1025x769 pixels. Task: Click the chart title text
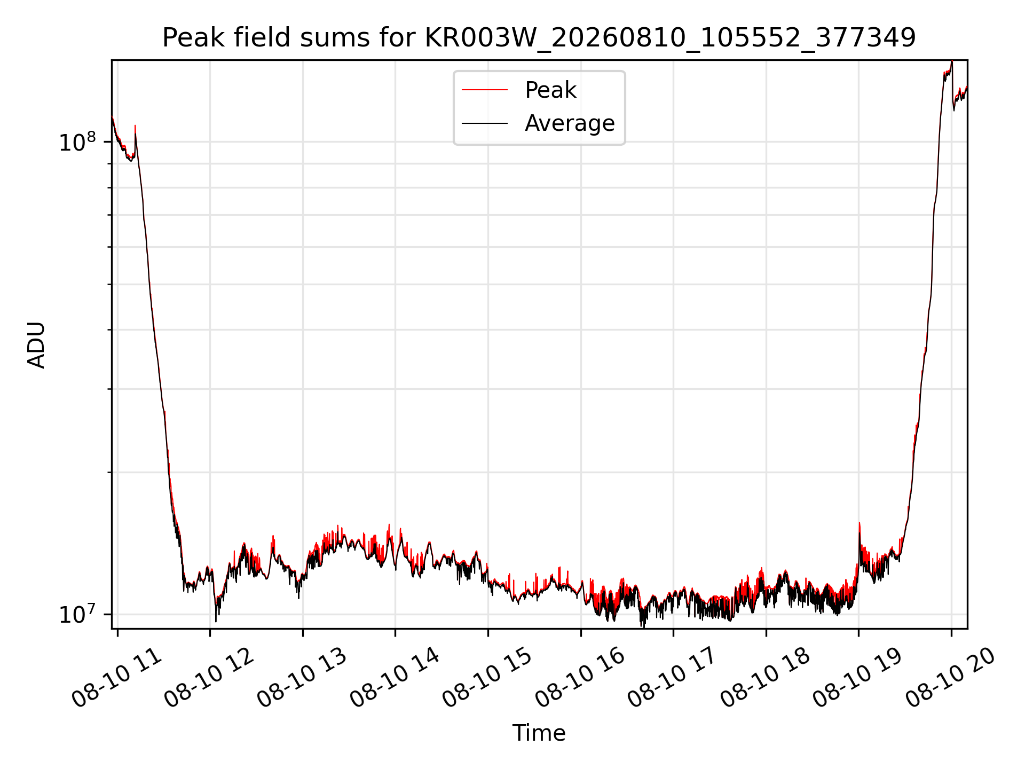point(539,38)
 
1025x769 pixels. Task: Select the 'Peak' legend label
point(550,90)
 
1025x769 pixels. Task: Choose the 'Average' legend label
point(570,123)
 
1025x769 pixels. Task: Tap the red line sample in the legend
point(485,90)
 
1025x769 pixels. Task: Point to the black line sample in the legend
point(485,123)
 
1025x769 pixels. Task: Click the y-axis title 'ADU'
point(36,344)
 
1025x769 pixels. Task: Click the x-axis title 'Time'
point(539,733)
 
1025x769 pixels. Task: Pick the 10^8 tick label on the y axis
point(77,142)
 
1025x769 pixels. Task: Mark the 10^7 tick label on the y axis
point(77,614)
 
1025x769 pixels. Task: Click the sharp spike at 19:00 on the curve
point(859,523)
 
